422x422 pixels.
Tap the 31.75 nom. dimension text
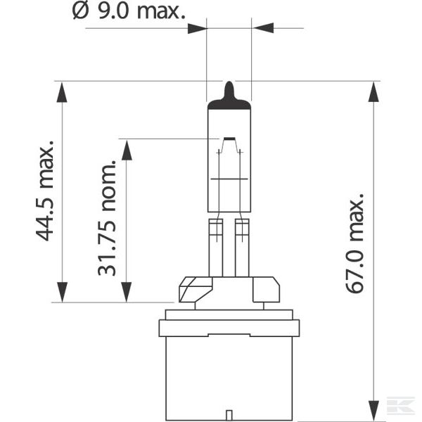[x=108, y=218]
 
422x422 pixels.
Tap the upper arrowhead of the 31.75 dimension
[x=127, y=149]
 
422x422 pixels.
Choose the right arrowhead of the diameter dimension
[x=261, y=28]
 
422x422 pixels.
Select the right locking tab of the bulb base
[x=266, y=289]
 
